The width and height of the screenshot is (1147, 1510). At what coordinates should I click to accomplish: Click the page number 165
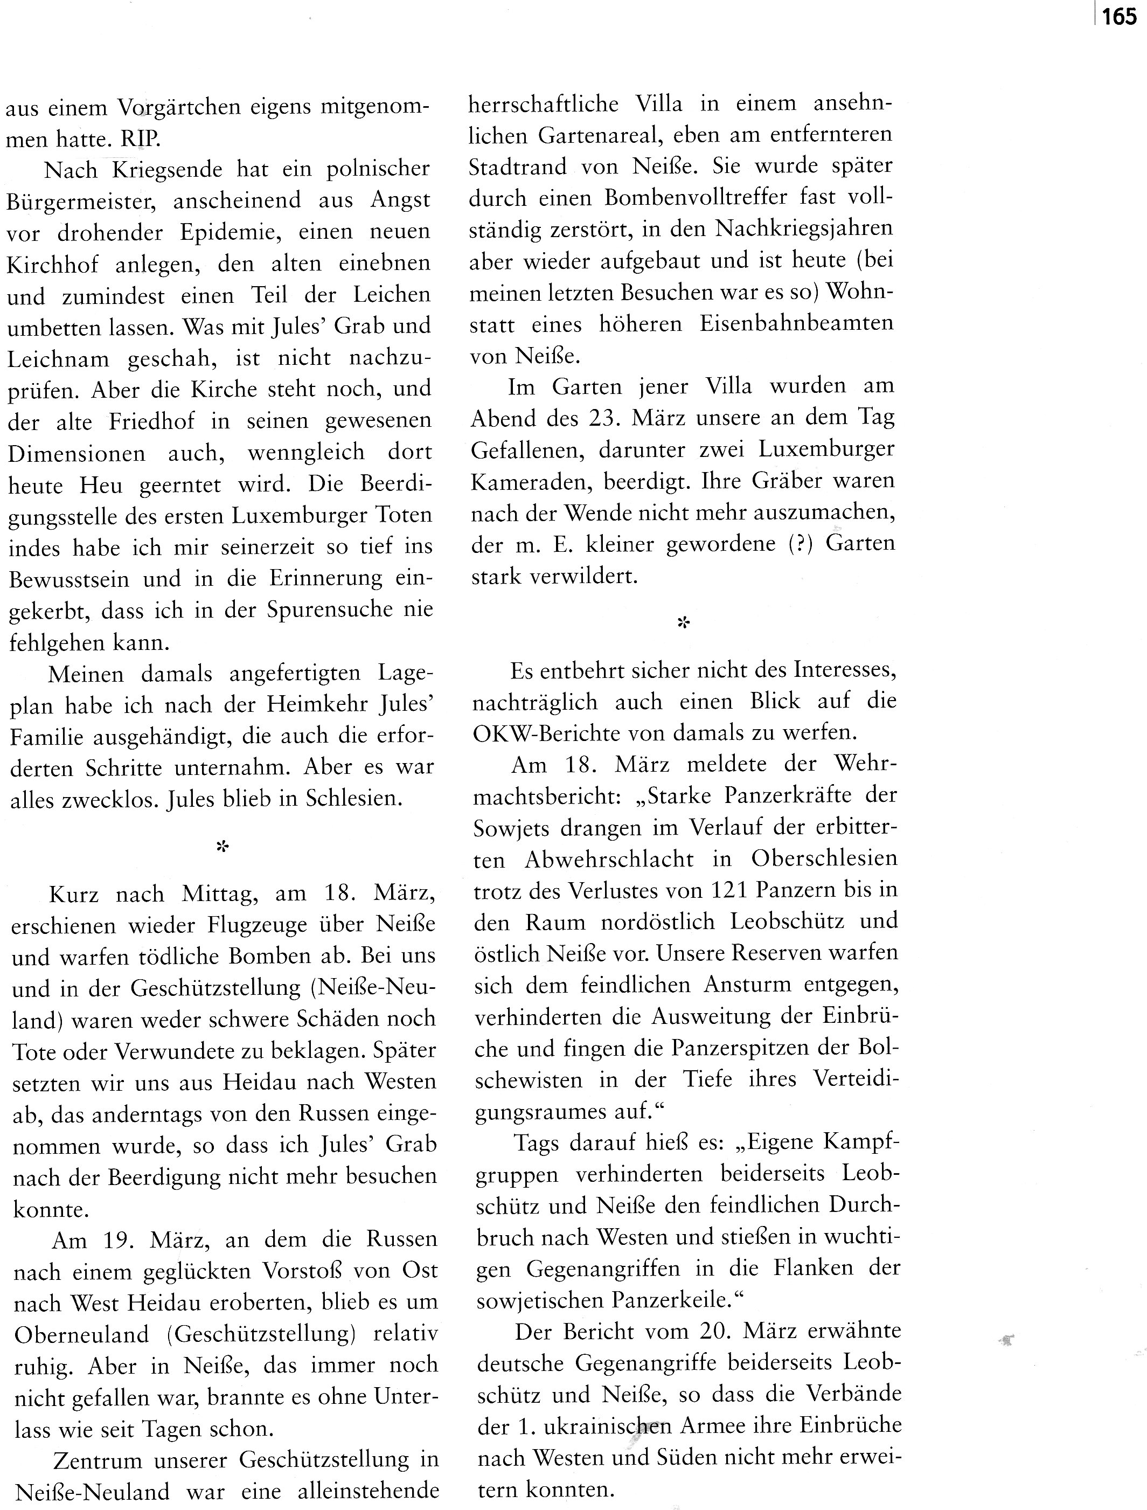[1118, 16]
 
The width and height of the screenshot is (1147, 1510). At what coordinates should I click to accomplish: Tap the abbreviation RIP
[141, 140]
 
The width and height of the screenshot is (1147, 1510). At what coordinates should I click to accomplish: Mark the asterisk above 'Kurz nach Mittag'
[222, 847]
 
